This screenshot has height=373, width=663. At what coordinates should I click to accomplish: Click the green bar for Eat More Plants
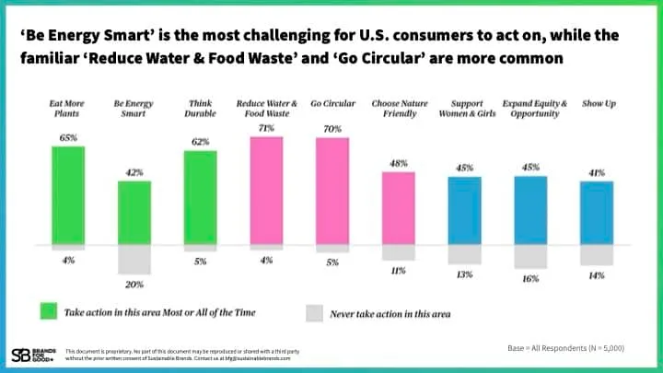coord(68,194)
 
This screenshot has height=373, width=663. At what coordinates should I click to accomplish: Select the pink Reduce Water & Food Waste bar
coord(266,191)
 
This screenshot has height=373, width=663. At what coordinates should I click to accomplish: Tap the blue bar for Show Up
coord(597,212)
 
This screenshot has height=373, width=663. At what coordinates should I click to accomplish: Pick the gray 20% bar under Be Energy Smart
coord(134,259)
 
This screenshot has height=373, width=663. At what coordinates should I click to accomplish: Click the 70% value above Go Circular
coord(332,130)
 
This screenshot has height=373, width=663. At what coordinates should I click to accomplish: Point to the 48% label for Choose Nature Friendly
coord(399,164)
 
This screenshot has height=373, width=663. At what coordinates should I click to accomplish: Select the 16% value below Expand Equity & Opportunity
coord(530,278)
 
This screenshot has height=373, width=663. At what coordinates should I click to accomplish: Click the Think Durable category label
coord(200,109)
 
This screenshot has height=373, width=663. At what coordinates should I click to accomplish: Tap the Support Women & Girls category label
coord(464,109)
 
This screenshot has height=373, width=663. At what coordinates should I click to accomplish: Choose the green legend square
coord(46,312)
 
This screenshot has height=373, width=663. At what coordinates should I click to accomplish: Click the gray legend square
coord(315,313)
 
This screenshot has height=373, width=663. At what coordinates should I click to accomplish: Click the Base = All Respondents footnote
coord(565,347)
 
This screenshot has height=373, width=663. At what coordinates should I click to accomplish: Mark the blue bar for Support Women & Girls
coord(464,209)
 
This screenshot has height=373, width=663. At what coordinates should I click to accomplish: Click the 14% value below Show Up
coord(597,274)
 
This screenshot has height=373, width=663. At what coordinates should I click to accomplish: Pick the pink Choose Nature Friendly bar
coord(399,207)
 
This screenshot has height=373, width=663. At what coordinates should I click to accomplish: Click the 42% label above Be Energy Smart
coord(134,172)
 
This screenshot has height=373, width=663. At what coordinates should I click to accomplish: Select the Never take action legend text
coord(391,314)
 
